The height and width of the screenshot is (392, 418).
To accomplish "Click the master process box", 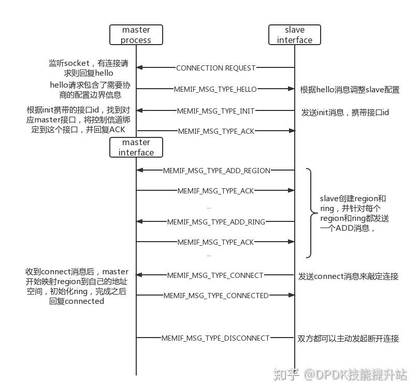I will pyautogui.click(x=136, y=35).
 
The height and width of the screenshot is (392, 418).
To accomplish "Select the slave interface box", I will pyautogui.click(x=294, y=35).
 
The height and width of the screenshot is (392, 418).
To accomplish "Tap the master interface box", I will pyautogui.click(x=136, y=147).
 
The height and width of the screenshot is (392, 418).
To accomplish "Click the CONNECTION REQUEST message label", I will pyautogui.click(x=215, y=68).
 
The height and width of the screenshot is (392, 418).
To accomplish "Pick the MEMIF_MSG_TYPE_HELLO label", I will pyautogui.click(x=217, y=89).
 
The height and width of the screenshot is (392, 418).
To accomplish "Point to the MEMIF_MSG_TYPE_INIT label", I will pyautogui.click(x=215, y=110).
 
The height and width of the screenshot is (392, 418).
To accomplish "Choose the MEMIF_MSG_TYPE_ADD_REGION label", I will pyautogui.click(x=217, y=170).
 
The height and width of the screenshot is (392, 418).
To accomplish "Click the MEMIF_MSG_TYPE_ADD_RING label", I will pyautogui.click(x=216, y=222).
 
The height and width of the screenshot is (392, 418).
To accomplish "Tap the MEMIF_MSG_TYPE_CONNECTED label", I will pyautogui.click(x=216, y=296).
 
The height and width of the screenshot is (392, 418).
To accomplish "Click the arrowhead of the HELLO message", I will pyautogui.click(x=292, y=89).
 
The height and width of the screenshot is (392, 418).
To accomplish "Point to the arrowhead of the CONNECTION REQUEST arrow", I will pyautogui.click(x=139, y=68).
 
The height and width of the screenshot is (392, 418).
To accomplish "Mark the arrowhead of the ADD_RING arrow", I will pyautogui.click(x=139, y=222).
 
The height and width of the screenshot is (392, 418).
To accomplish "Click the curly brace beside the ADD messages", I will pyautogui.click(x=309, y=213).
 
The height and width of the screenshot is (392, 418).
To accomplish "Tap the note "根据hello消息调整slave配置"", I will pyautogui.click(x=350, y=90).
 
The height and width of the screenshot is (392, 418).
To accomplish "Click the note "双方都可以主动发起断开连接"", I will pyautogui.click(x=348, y=339).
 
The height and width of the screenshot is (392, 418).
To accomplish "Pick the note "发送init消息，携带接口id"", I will pyautogui.click(x=345, y=112).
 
